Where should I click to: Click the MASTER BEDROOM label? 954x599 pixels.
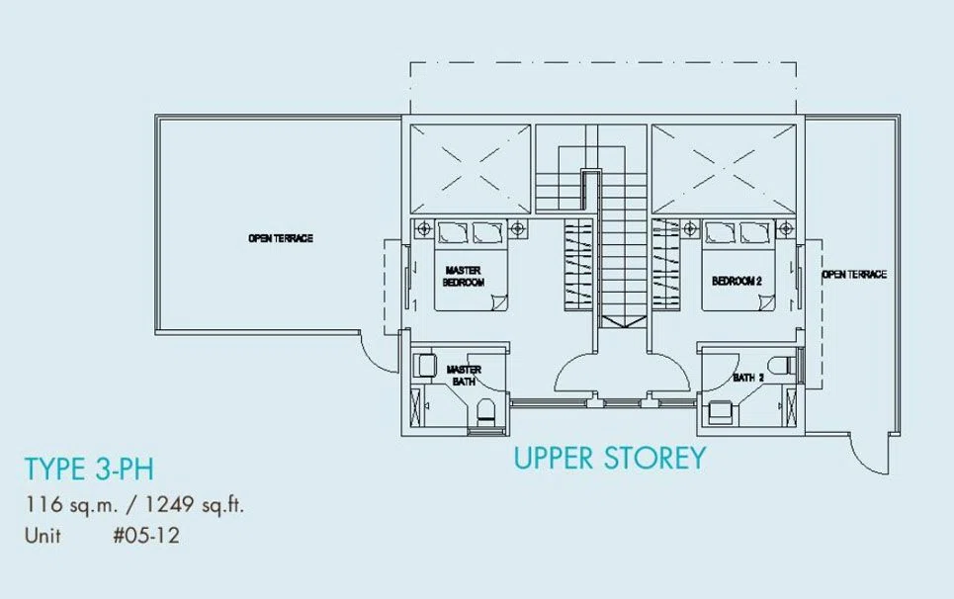click(464, 276)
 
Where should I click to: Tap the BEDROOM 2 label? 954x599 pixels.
click(737, 281)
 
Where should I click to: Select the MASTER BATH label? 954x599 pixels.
click(464, 376)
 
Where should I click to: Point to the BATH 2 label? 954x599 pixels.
click(748, 378)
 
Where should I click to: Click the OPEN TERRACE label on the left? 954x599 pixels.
click(281, 238)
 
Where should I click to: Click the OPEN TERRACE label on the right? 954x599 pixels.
click(854, 274)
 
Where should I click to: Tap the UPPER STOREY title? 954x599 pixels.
click(610, 458)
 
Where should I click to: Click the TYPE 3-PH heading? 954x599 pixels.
click(89, 469)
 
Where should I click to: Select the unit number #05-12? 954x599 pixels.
click(146, 535)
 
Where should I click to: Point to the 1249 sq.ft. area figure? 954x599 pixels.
click(194, 504)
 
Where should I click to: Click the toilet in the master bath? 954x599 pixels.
click(486, 410)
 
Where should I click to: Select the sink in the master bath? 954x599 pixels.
click(425, 366)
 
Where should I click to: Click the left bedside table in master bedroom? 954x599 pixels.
click(424, 228)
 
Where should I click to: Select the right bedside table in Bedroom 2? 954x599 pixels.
click(786, 228)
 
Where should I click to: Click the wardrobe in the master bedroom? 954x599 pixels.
click(578, 265)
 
